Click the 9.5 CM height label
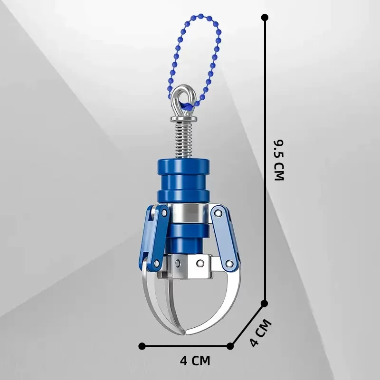[x=279, y=160]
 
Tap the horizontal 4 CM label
[x=195, y=361]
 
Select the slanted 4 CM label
[x=260, y=333]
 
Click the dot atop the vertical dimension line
[x=265, y=18]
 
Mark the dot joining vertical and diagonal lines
[x=265, y=303]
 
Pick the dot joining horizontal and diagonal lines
[x=230, y=345]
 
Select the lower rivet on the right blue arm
[x=229, y=263]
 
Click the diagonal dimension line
[x=247, y=324]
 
